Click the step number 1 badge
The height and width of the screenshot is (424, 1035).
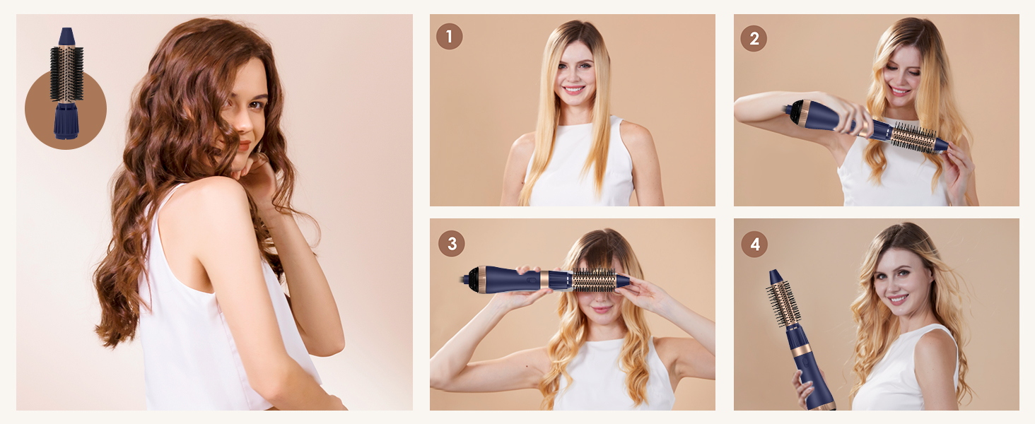point(449,36)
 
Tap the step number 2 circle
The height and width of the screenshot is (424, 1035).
point(754,38)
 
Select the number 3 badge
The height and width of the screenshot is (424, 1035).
point(451,244)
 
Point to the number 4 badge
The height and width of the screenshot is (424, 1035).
point(754,245)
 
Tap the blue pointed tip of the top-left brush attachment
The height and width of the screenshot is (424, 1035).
point(66,36)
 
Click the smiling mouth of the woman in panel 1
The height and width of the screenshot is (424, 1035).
point(573,90)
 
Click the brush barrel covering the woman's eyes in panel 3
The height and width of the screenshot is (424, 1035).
point(593,280)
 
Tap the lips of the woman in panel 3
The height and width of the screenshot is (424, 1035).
point(600,309)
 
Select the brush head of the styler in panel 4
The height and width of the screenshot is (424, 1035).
point(783,302)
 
